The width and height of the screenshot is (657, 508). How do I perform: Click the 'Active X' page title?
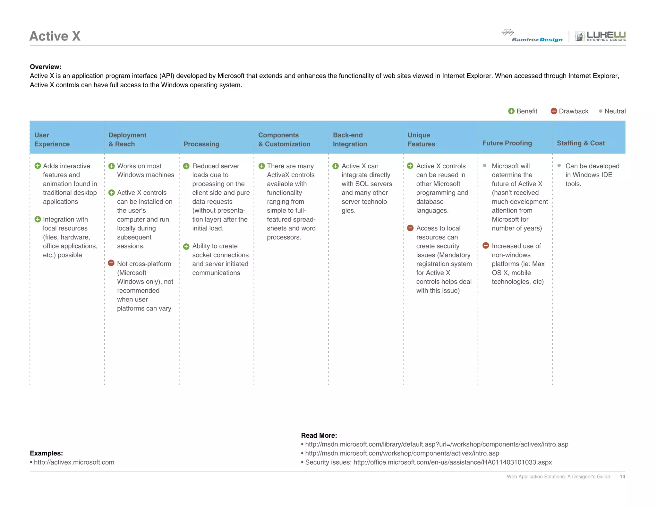[x=55, y=36]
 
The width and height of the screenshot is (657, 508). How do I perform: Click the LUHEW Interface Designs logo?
[x=600, y=36]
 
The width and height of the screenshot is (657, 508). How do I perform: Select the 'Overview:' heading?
[x=46, y=67]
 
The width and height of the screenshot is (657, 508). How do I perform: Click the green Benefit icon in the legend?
[x=511, y=111]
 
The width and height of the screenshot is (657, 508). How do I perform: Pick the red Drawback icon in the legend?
[x=554, y=111]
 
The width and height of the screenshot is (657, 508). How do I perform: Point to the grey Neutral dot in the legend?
[x=600, y=111]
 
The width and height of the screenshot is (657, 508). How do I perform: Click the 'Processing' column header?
[x=201, y=144]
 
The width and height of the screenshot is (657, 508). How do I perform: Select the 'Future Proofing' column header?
[x=507, y=143]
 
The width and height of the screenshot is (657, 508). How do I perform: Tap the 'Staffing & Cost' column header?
[x=581, y=143]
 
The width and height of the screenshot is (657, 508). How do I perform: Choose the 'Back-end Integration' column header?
[x=350, y=139]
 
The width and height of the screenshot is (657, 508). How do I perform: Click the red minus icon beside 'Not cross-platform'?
[x=111, y=263]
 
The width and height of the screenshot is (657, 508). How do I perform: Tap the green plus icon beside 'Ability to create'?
[x=186, y=247]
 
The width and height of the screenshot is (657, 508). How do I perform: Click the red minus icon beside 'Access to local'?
[x=410, y=228]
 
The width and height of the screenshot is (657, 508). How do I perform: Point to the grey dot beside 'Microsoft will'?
[x=485, y=166]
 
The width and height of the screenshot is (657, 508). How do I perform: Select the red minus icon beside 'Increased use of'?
[x=486, y=246]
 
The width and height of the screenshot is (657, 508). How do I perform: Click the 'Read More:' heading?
[x=319, y=435]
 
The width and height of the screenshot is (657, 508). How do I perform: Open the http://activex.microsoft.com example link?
[x=74, y=462]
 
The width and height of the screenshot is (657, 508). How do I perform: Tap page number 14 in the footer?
[x=622, y=477]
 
